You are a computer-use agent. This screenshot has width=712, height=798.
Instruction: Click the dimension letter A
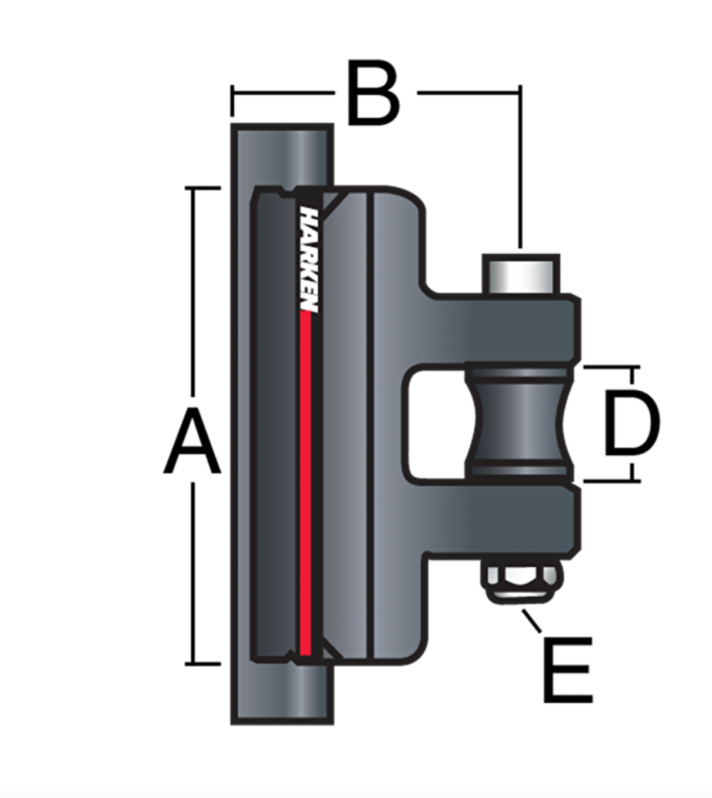(x=192, y=441)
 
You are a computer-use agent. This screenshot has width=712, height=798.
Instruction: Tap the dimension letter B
(x=374, y=93)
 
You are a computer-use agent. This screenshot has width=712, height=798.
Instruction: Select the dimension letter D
(x=631, y=423)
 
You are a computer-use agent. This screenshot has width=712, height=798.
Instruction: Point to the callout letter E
(x=568, y=669)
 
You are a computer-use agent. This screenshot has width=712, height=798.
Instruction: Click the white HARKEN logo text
(x=309, y=260)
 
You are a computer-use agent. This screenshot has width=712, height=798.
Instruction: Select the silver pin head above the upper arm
(x=521, y=274)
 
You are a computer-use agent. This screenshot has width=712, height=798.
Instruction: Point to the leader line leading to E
(x=531, y=621)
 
